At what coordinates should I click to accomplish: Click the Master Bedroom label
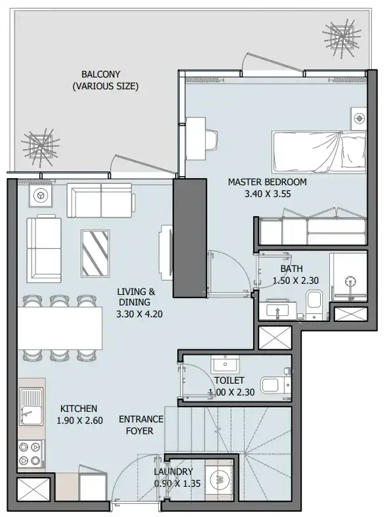(x=267, y=182)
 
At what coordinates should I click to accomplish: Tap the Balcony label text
(x=101, y=74)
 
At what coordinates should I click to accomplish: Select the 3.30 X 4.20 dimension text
(x=139, y=314)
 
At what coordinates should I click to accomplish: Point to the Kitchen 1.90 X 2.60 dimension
(x=79, y=420)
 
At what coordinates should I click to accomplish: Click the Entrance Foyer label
(x=141, y=425)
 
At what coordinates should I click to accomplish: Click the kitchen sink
(x=31, y=407)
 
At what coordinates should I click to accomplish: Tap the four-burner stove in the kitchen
(x=31, y=454)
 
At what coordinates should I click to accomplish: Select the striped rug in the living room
(x=95, y=254)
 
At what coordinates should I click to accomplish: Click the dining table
(x=60, y=328)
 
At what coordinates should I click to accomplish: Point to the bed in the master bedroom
(x=319, y=151)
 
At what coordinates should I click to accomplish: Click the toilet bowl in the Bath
(x=314, y=303)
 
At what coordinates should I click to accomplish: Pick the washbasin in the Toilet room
(x=225, y=365)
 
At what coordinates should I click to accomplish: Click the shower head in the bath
(x=350, y=281)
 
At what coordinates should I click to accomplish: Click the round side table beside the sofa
(x=41, y=196)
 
